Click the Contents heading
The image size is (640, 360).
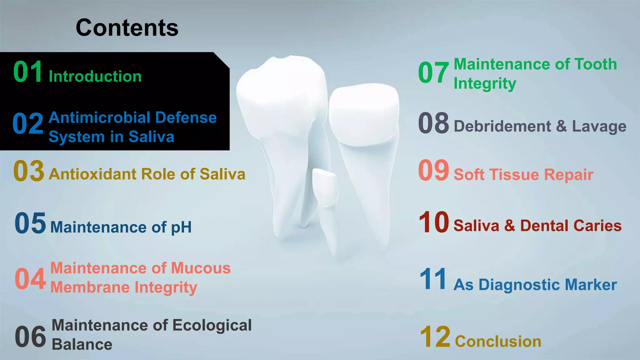coord(127,28)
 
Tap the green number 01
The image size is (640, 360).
coord(28,72)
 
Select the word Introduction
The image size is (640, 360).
coord(95,77)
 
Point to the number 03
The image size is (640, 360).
coord(29,171)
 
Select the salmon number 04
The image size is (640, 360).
coord(30,279)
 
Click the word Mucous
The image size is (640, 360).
coord(201,268)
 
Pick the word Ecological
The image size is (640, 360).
coord(212,325)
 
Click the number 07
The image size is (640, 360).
coord(433,72)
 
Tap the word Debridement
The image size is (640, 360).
coord(502,127)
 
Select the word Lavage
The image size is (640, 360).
coord(599,127)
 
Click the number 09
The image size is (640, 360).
coord(433,170)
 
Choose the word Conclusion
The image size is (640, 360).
coord(498,341)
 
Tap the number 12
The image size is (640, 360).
coord(435,337)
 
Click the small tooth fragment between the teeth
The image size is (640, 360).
coord(325,187)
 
